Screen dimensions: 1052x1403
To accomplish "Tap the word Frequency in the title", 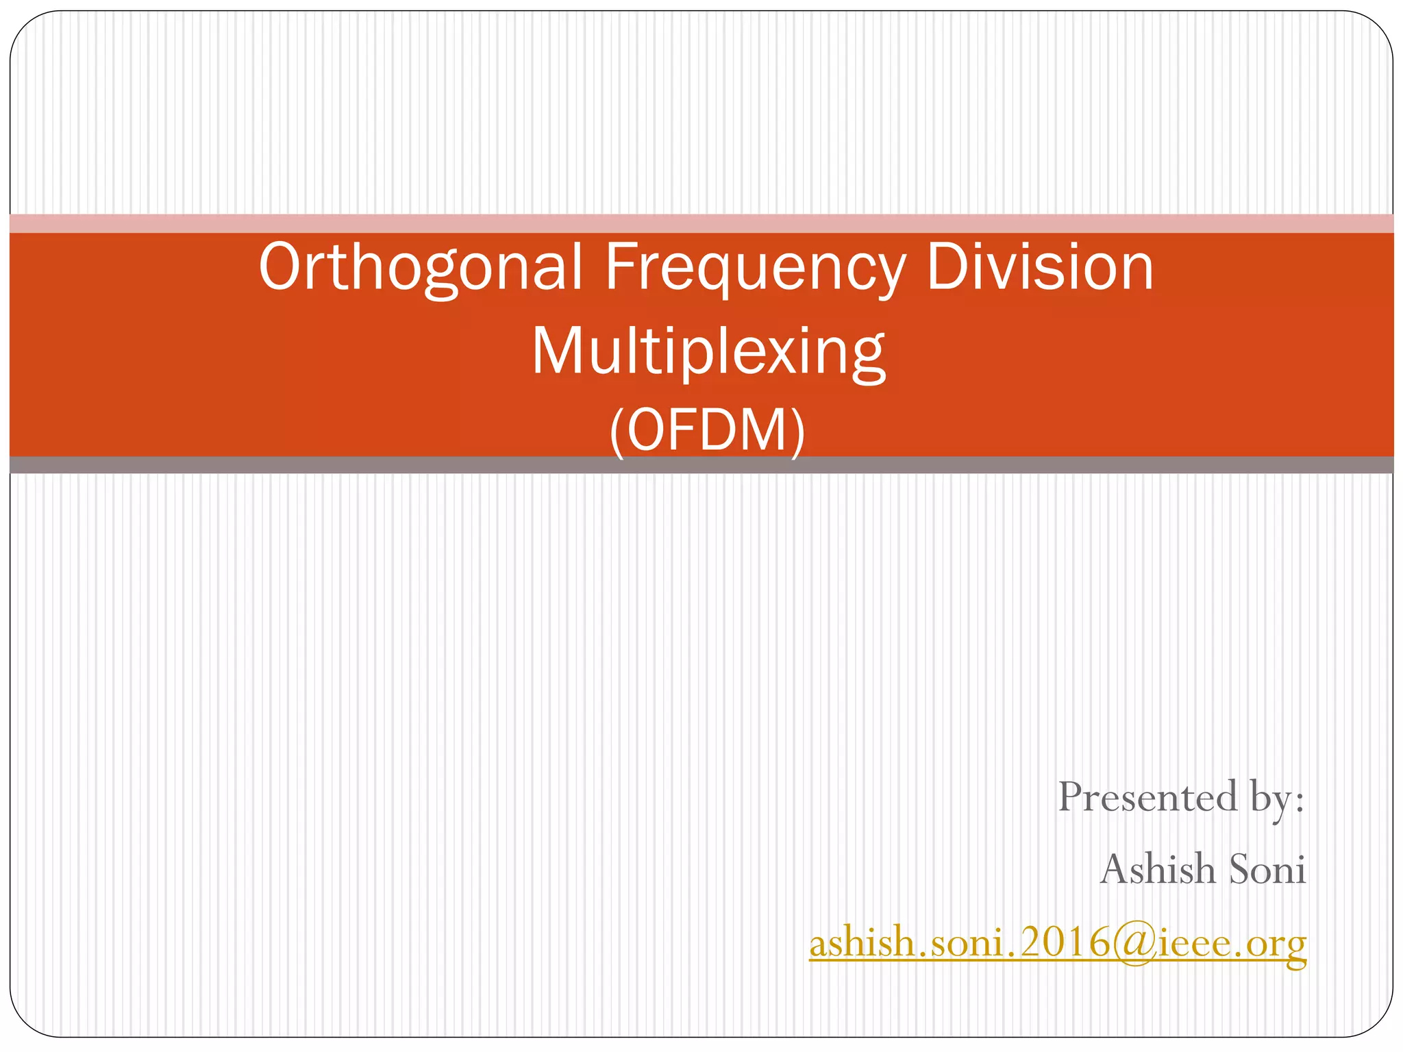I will coord(755,268).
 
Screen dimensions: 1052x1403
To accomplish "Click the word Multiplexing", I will coord(708,353).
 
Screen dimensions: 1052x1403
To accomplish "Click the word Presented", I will coord(1147,798).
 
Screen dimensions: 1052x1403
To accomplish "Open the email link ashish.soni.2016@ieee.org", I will coord(1058,944).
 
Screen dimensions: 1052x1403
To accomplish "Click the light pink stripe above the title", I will coord(701,223).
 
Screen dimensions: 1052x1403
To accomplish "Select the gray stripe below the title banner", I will coord(701,465).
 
